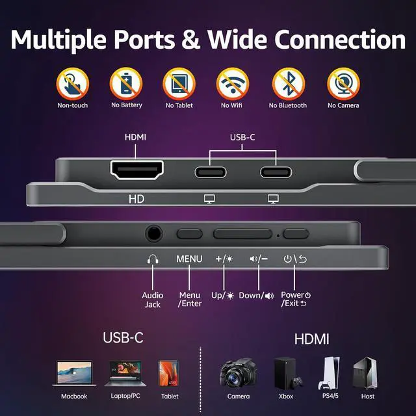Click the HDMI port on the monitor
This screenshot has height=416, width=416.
point(136,172)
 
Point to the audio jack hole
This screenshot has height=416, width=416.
point(154,232)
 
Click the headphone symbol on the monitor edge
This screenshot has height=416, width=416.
point(153,259)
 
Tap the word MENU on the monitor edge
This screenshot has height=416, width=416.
point(189,259)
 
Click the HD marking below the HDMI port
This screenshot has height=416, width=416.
point(136,200)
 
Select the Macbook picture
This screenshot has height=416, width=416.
point(74,374)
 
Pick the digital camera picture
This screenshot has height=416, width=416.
point(238,372)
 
